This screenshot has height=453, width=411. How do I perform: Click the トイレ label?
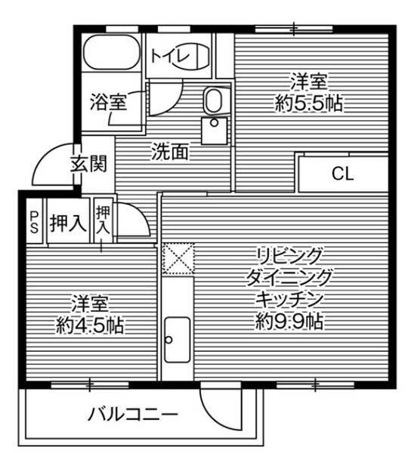coord(167,55)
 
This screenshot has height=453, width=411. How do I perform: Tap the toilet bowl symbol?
coord(195,57)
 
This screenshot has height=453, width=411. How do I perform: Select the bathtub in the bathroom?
coord(111,54)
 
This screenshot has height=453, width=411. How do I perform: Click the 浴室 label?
coord(107,101)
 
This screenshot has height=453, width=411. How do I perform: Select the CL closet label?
coord(342,174)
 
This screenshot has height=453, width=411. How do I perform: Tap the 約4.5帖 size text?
coord(89,326)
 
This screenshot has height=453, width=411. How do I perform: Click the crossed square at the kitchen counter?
coord(178,257)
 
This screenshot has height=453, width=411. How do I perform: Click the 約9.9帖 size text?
coord(290,322)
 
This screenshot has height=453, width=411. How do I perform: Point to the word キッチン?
coord(290,298)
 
